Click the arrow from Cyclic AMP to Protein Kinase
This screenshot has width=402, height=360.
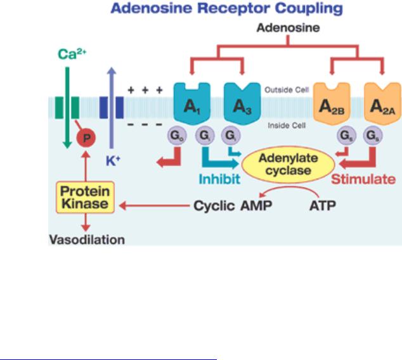155,205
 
